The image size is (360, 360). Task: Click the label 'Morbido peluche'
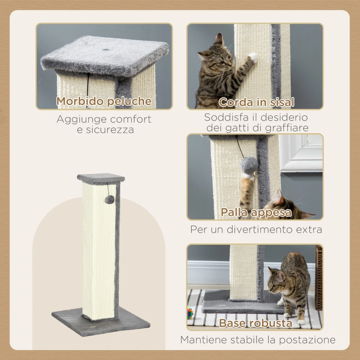click(104, 102)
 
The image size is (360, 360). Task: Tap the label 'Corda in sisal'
click(256, 103)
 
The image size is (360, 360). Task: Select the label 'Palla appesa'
click(256, 212)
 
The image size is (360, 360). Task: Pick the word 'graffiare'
click(287, 128)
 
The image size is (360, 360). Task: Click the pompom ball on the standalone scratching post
click(109, 198)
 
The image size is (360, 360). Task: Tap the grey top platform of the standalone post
click(101, 178)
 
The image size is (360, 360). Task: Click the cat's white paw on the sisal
click(253, 57)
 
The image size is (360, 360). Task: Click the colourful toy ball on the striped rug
click(191, 312)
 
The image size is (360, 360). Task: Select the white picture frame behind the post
click(301, 153)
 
